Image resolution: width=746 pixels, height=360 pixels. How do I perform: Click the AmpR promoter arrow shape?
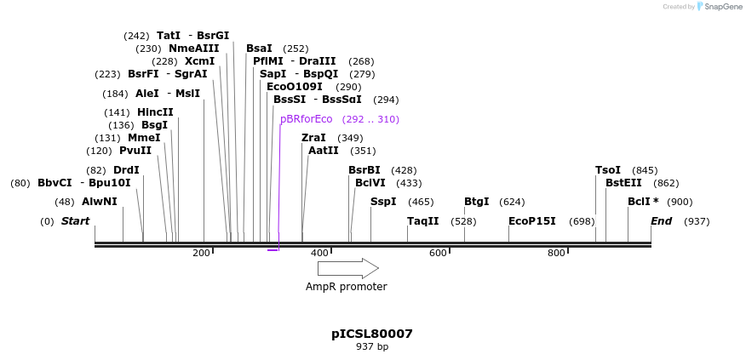pos(347,268)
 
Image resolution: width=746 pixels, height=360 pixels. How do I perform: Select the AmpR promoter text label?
pos(346,287)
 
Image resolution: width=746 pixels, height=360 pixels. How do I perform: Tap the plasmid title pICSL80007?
pos(372,334)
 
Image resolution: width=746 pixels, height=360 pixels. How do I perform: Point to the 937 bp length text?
pos(372,347)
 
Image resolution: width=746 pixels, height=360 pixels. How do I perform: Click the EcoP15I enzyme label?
pos(531,221)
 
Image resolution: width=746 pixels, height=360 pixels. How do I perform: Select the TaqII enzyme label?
pos(422,221)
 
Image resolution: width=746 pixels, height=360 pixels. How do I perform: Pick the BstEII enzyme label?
pos(623,183)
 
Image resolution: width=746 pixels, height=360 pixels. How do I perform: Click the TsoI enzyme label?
pos(607,170)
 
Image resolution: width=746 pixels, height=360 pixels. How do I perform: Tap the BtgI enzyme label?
pos(476,202)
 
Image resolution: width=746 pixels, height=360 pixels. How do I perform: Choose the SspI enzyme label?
pos(383,202)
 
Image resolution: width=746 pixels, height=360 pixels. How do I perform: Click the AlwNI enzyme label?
pos(99,202)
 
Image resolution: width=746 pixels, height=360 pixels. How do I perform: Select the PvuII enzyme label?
pos(135,151)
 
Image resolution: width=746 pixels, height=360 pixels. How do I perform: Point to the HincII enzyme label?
pos(155,112)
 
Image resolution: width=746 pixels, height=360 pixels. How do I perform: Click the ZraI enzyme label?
pos(313,138)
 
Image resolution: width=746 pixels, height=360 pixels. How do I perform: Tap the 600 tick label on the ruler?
pos(437,253)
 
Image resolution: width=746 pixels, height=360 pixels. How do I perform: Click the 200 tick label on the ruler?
pos(201,253)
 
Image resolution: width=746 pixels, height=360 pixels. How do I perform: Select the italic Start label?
pos(75,221)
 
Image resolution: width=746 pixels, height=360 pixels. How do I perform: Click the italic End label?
pos(661,221)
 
